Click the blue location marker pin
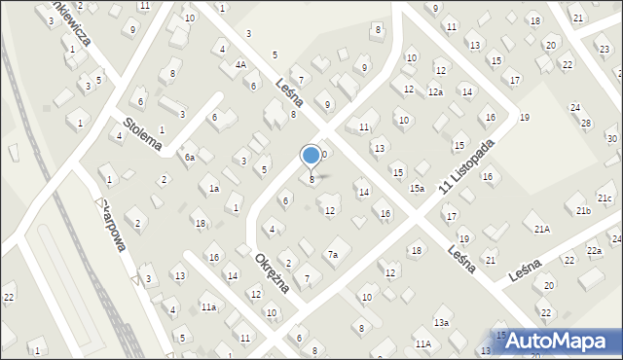pos(311,156)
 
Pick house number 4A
pos(239,64)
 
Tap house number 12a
pos(435,91)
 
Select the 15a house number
pos(417,188)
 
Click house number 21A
pos(541,229)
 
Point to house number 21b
pos(582,210)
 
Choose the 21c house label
pos(605,198)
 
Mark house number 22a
pos(594,251)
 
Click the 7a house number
pos(332,255)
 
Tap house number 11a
pos(208,306)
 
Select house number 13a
pos(441,322)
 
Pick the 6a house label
pos(191,157)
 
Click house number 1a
pos(213,189)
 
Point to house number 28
pos(585,123)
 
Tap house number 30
pos(610,139)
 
